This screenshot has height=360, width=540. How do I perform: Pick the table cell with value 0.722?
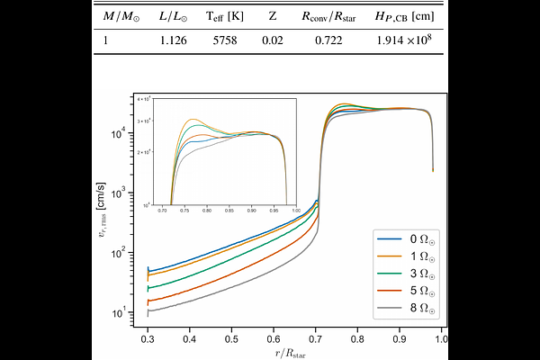(x=322, y=41)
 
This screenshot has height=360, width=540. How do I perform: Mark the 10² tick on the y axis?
(x=117, y=253)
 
